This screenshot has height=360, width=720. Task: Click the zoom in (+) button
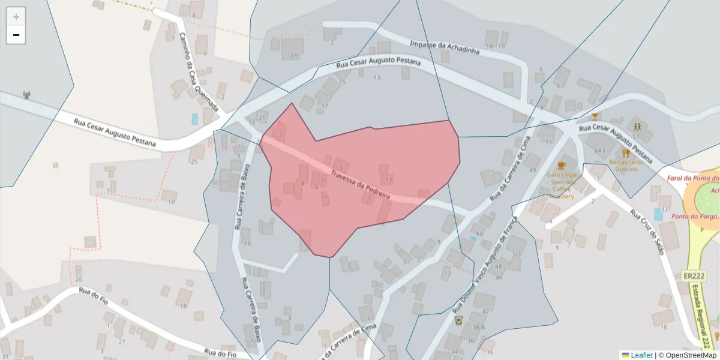click(16, 17)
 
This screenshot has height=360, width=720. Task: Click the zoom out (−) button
click(16, 35)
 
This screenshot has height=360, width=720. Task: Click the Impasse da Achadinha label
click(445, 48)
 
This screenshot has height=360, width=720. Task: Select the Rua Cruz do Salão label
click(649, 231)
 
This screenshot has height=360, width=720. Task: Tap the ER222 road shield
click(693, 276)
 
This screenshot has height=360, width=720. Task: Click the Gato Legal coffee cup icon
click(562, 165)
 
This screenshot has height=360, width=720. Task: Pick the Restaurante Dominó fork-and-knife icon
click(626, 153)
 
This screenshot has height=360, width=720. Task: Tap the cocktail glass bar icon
click(595, 116)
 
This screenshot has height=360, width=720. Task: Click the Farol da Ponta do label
click(693, 179)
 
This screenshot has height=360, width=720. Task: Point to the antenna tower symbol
click(26, 95)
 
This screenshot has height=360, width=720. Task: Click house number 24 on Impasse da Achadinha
click(293, 56)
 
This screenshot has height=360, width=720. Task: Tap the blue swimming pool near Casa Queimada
click(195, 119)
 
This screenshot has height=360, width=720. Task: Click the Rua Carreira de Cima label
click(511, 168)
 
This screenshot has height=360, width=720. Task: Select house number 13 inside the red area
click(389, 179)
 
